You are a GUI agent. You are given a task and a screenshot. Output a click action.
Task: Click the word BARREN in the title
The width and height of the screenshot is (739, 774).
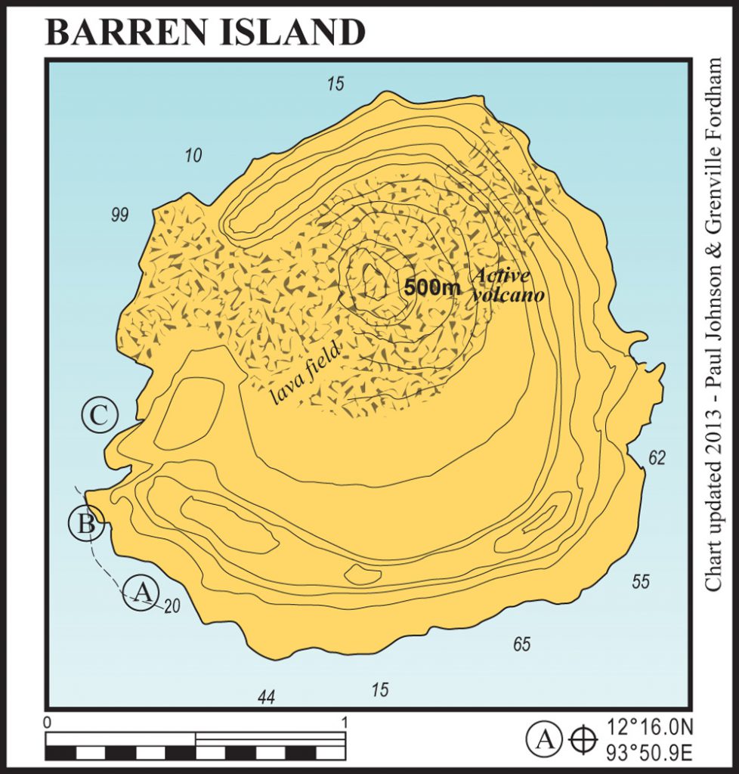pos(121,32)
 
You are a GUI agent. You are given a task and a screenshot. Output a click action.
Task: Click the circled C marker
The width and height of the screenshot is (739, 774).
pos(100,415)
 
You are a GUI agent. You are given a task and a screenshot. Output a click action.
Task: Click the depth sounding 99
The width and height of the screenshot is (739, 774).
pos(119,215)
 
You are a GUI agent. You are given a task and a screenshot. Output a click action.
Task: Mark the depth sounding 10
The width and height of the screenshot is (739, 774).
pos(193,156)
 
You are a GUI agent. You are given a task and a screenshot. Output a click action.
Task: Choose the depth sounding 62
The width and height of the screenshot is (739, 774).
pos(657,457)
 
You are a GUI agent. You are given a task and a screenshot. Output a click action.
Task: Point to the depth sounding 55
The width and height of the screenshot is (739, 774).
pos(641,581)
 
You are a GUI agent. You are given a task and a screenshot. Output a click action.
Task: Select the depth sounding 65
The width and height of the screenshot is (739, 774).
pos(521,645)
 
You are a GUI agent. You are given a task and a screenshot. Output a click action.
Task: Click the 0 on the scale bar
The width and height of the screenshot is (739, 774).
pos(48,723)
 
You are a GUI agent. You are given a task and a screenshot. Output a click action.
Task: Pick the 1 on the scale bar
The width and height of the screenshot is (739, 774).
pos(345,723)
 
